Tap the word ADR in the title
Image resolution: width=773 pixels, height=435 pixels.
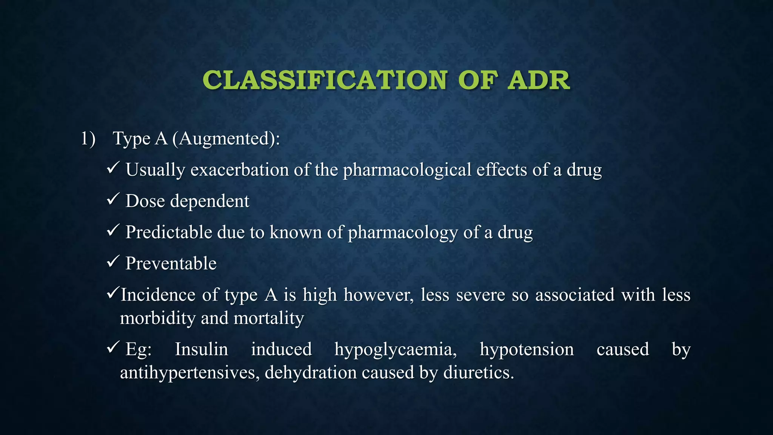(x=538, y=80)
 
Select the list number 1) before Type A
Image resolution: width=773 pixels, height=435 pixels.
(x=88, y=139)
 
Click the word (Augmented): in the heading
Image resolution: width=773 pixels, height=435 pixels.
(x=226, y=139)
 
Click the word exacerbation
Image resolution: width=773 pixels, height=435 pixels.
(x=239, y=170)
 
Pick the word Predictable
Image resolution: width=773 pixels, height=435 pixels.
(x=169, y=232)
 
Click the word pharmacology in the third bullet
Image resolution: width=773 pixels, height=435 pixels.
(x=402, y=233)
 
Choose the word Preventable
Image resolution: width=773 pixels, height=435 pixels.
(x=171, y=263)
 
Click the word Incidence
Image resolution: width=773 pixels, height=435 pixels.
(x=158, y=295)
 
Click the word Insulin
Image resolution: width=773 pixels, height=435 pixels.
(x=201, y=349)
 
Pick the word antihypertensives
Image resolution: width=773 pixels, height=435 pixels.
(x=189, y=373)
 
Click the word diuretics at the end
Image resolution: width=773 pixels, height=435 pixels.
(x=478, y=373)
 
